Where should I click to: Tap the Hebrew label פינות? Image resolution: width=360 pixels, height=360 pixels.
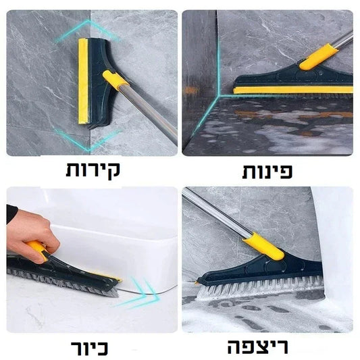tap(267, 171)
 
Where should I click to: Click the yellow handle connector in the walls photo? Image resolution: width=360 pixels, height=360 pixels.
tap(115, 80)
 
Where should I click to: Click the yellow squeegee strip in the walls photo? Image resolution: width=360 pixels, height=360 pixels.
tap(82, 81)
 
